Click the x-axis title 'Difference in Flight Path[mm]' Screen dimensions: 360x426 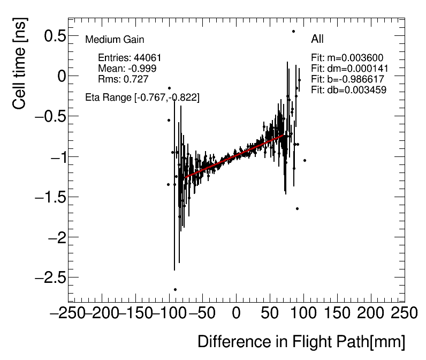(x=301, y=342)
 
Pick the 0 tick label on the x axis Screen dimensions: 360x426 (x=236, y=313)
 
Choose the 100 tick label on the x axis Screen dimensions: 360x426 (x=303, y=313)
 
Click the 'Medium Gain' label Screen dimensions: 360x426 (x=115, y=40)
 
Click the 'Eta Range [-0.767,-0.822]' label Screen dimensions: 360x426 (x=142, y=97)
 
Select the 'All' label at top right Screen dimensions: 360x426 (x=317, y=39)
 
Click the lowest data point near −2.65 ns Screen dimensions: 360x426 (x=175, y=289)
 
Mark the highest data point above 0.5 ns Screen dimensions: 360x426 (x=293, y=31)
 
